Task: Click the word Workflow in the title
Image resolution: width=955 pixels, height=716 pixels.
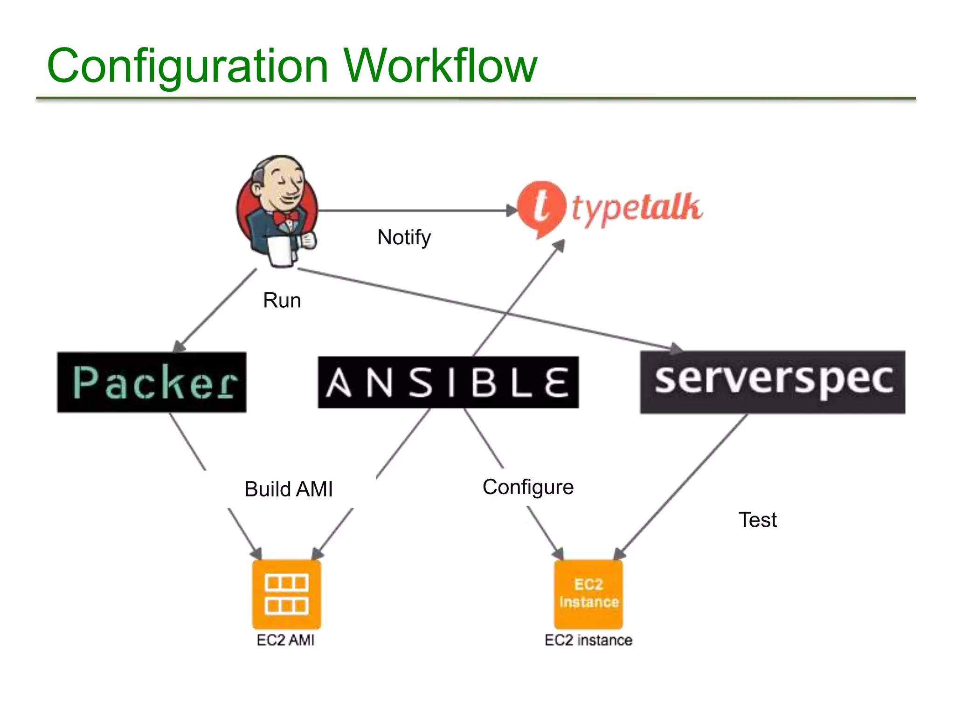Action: click(440, 66)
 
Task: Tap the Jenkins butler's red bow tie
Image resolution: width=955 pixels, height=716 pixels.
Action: click(285, 217)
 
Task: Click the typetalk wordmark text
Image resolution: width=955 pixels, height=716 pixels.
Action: click(637, 209)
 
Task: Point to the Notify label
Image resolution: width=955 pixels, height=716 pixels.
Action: click(404, 237)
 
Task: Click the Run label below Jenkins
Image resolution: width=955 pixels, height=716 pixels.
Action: click(282, 301)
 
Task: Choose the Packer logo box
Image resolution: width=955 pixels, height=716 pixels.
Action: click(152, 382)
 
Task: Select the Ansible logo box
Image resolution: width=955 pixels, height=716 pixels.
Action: click(448, 383)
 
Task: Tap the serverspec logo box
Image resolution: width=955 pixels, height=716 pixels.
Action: click(772, 382)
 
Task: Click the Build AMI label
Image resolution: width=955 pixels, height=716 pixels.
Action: click(288, 489)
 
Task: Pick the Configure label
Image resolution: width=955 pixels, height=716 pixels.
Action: click(528, 487)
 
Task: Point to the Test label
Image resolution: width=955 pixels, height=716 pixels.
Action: click(757, 520)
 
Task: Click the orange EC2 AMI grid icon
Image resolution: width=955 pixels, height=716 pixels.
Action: click(286, 594)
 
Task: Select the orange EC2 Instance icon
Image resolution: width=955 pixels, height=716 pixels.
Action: click(588, 594)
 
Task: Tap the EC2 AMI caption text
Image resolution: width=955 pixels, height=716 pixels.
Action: click(285, 640)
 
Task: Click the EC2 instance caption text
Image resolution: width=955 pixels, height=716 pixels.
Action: click(588, 640)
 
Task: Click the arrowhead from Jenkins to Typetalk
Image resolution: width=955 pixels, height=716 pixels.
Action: click(512, 211)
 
